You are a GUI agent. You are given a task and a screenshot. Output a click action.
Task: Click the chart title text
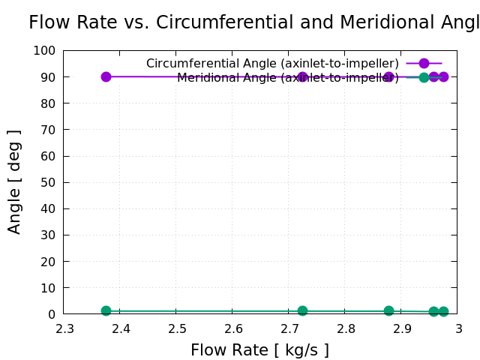click(253, 22)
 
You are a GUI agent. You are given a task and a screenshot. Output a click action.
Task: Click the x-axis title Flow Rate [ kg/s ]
click(259, 350)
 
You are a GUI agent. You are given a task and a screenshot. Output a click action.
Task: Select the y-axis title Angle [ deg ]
click(14, 181)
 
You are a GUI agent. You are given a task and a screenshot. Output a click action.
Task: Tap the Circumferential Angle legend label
click(272, 63)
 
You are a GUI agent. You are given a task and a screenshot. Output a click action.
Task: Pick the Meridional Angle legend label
click(288, 77)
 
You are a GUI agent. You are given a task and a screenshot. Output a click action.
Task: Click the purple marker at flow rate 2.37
click(106, 76)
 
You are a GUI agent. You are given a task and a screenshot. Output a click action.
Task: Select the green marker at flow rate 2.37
click(106, 310)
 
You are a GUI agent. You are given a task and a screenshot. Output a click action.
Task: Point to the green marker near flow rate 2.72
click(302, 310)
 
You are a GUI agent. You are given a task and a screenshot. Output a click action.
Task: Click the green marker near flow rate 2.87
click(388, 310)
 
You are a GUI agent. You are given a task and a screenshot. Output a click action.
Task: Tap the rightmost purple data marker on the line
click(443, 76)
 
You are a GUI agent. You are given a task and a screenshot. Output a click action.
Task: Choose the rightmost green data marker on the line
click(443, 311)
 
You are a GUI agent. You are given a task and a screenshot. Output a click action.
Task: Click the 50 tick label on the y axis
click(48, 182)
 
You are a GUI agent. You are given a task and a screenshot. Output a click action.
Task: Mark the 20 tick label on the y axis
click(48, 262)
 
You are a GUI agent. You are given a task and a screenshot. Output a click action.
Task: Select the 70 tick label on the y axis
click(48, 130)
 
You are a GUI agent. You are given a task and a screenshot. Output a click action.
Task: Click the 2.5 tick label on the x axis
click(177, 328)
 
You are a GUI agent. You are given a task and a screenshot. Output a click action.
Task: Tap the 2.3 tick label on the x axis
click(64, 328)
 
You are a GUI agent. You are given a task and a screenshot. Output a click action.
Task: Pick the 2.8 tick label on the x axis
click(346, 328)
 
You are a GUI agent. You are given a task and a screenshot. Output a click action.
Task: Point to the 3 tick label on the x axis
click(458, 328)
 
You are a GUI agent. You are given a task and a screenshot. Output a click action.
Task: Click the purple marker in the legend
click(424, 64)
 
